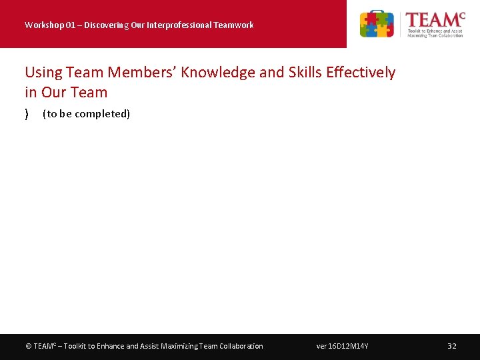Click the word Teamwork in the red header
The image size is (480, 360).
coord(233,25)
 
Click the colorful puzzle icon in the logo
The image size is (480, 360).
coord(377,24)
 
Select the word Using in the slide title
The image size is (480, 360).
coord(43,72)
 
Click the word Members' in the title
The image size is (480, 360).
coord(142,72)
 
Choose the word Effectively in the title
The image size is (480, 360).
coord(363,72)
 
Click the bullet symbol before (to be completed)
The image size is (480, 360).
coord(27,114)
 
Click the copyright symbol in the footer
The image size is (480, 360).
coord(28,346)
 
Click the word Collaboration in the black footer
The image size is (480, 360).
coord(240,346)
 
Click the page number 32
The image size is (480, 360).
coord(452,346)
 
